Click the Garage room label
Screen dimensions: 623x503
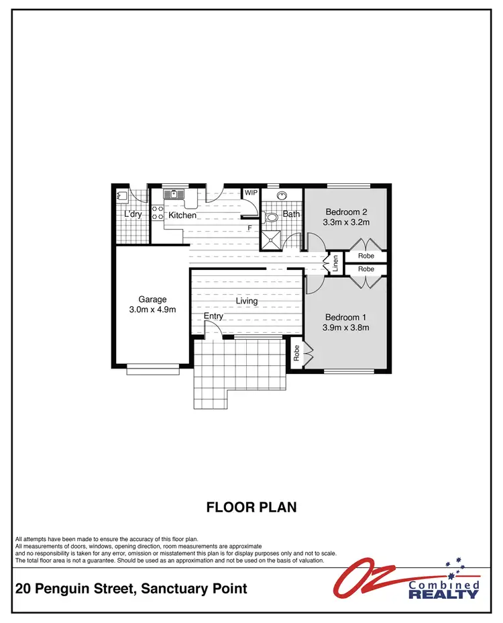pos(152,299)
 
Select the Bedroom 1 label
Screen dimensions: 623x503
pos(347,317)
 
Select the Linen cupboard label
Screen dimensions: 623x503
pos(335,262)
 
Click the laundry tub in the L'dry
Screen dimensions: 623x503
pos(122,196)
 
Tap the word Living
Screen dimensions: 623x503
pos(246,301)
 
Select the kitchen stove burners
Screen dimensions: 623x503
pos(158,213)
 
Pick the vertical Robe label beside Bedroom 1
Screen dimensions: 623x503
pos(296,352)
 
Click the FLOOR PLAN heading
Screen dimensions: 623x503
pos(251,507)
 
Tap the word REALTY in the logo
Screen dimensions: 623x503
pos(443,593)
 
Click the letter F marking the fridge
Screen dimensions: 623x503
pos(249,228)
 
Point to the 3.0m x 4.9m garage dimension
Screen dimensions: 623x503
pos(152,309)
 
